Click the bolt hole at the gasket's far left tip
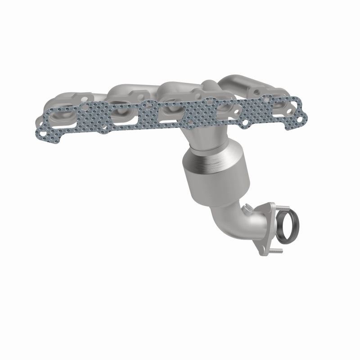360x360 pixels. click(x=42, y=133)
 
